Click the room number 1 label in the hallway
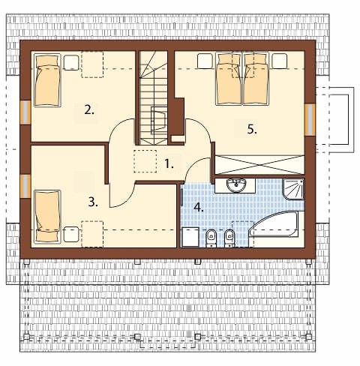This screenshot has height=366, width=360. click(x=169, y=164)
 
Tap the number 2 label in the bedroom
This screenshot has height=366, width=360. click(x=89, y=109)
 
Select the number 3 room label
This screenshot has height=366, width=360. click(x=93, y=202)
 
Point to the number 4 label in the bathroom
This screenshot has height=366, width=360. click(x=199, y=208)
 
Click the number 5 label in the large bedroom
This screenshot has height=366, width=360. click(x=252, y=130)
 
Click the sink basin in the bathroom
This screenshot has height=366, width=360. click(x=236, y=185)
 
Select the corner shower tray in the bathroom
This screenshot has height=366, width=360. click(x=293, y=189)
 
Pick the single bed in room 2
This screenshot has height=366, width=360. click(x=47, y=79)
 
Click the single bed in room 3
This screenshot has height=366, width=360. click(x=47, y=217)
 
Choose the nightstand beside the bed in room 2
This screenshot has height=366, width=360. click(x=71, y=62)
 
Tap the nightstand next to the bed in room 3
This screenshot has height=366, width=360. click(x=71, y=234)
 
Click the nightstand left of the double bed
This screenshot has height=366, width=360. click(x=205, y=61)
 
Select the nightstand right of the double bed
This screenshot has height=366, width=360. click(x=280, y=61)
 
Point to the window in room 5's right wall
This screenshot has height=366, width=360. click(x=310, y=119)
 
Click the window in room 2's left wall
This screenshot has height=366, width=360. click(x=25, y=112)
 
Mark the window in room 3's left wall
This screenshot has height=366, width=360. click(x=25, y=186)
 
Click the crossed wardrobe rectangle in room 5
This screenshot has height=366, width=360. click(x=259, y=165)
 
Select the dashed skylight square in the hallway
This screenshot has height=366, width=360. click(x=145, y=161)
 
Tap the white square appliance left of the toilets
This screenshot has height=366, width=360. click(x=190, y=237)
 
